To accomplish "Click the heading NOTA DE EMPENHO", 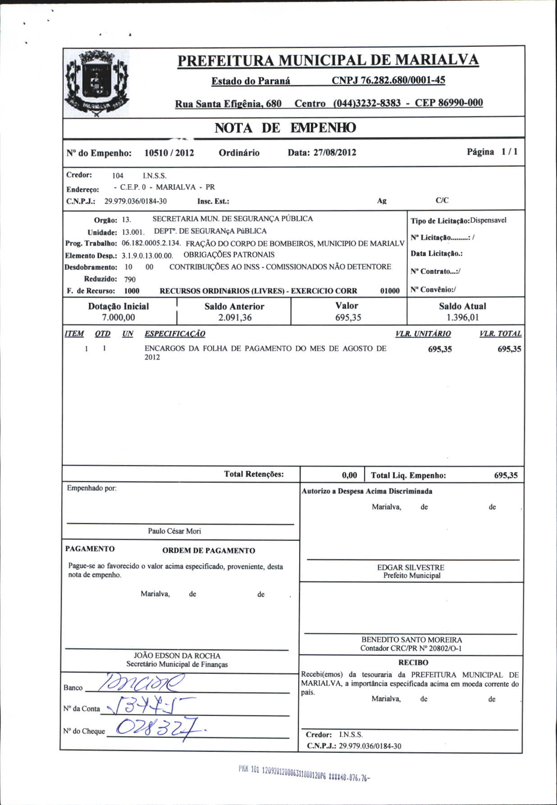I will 285,128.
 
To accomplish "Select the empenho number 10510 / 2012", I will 169,153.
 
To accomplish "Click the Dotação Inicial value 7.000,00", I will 118,317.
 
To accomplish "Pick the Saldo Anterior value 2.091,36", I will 234,317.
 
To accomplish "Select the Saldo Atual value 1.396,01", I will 462,317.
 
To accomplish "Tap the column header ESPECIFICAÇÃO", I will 175,334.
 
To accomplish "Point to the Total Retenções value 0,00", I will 349,475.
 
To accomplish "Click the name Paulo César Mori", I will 174,531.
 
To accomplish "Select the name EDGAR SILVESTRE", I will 411,567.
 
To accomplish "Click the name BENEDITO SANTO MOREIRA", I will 411,640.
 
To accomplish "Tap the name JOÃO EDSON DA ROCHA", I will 177,655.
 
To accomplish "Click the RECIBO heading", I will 413,663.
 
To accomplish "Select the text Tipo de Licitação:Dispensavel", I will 458,220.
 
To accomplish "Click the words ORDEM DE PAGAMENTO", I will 209,550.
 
